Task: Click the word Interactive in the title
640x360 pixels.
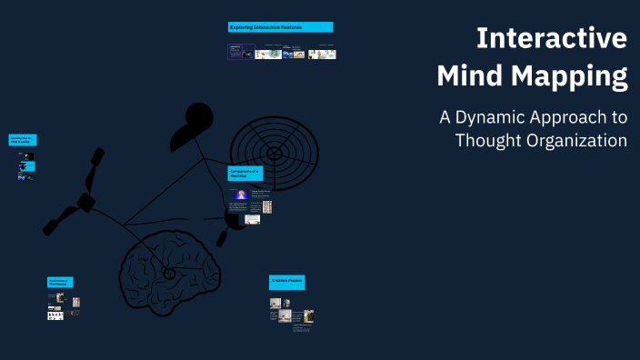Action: coord(552,39)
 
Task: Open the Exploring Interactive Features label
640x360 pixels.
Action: coord(280,27)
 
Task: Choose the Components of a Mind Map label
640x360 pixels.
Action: coord(245,173)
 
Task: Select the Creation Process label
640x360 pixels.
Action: coord(286,282)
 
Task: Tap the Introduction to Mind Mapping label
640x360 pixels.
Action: coord(23,140)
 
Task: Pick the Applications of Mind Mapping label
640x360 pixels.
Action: coord(61,283)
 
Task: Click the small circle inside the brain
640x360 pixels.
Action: coord(169,274)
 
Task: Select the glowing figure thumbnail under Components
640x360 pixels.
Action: coord(241,195)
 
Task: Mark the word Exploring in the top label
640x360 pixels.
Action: coord(241,27)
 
